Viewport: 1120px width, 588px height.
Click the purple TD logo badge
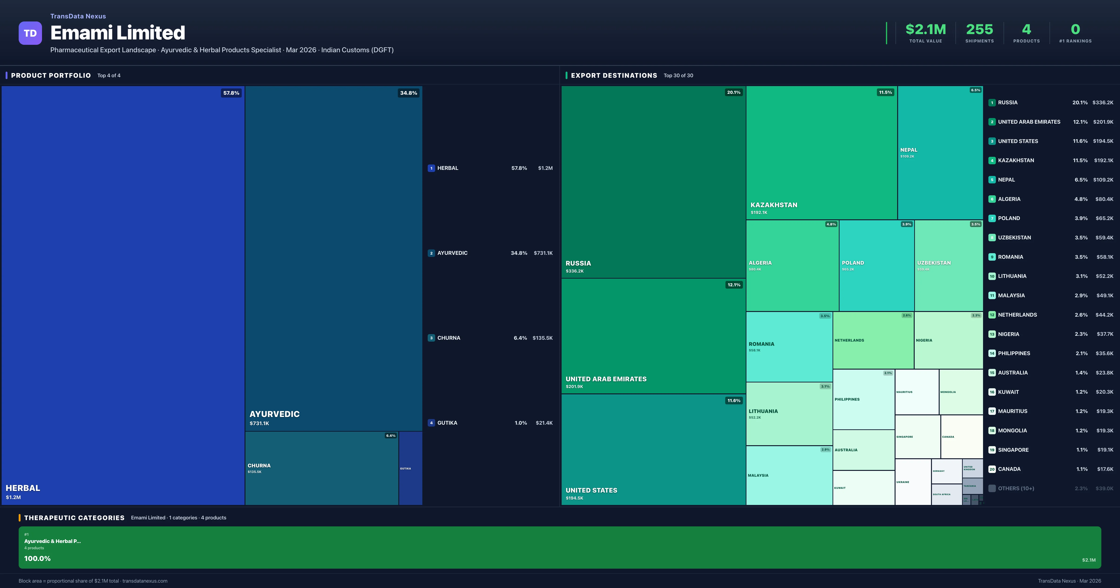(30, 33)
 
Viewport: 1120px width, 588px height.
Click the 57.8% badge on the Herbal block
(231, 93)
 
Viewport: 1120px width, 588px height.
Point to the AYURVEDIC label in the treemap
(274, 414)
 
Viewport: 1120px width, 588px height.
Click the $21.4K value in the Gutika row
(544, 423)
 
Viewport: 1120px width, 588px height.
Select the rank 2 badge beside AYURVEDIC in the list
(431, 253)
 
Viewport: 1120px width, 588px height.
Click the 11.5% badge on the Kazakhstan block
(885, 92)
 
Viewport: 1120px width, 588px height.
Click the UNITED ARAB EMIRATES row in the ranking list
(1029, 122)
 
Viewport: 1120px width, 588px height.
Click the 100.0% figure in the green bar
(37, 558)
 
